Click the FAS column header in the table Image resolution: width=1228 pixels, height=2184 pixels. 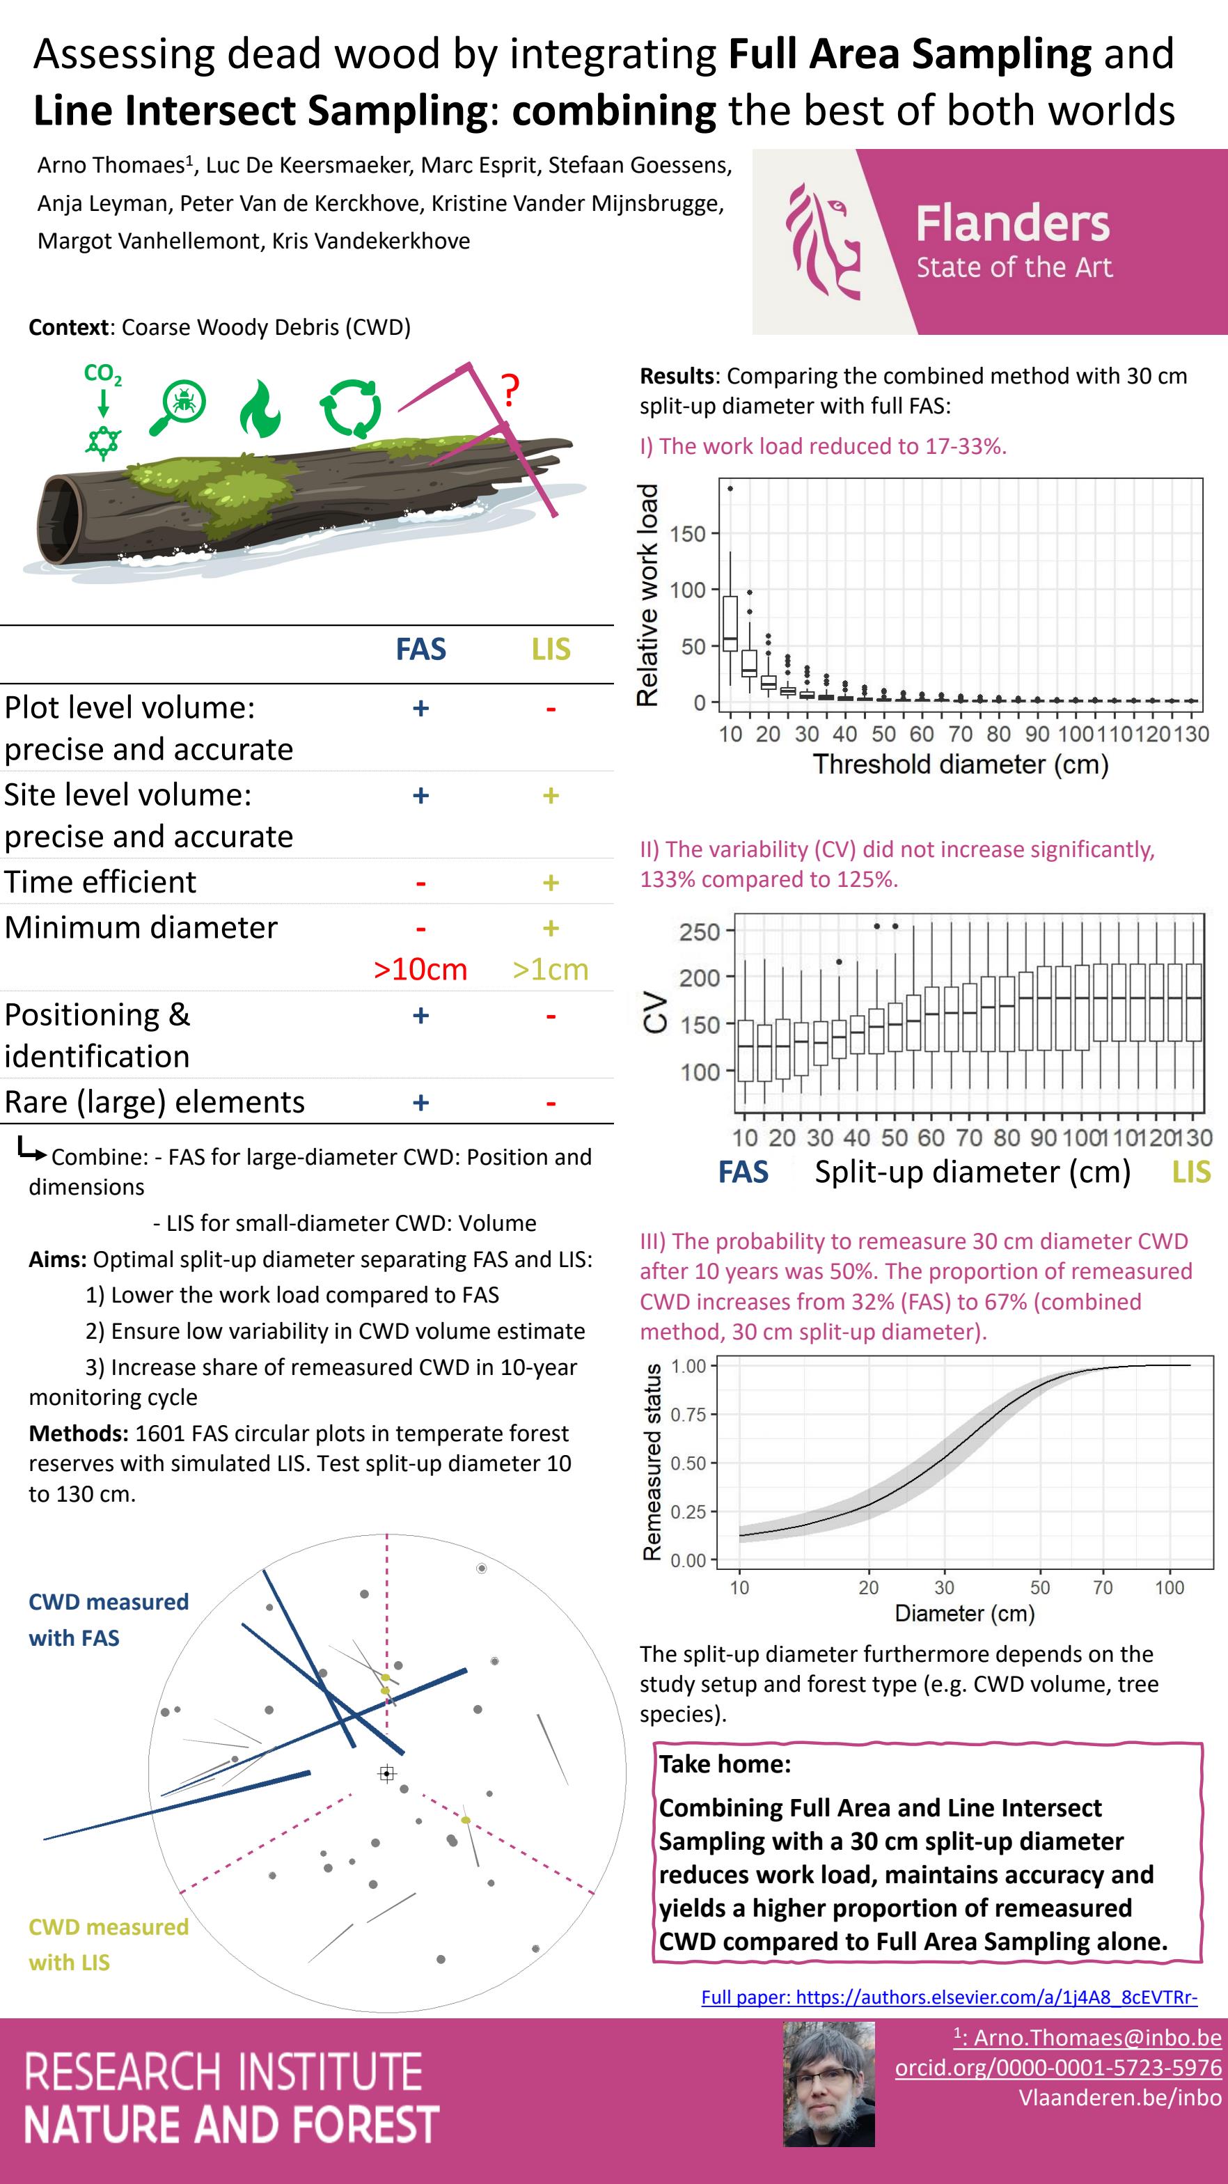coord(420,650)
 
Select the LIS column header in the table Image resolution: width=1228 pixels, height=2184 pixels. coord(551,650)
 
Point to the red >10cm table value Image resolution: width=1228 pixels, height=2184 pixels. coord(420,969)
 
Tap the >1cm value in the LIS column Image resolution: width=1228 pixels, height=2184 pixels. coord(551,969)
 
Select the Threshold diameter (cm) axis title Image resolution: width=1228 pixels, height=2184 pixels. coord(961,764)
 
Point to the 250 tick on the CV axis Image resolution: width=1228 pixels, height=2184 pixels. coord(699,932)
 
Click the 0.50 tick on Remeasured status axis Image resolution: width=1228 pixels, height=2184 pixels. coord(688,1463)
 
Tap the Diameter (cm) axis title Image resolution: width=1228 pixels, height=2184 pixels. coord(964,1613)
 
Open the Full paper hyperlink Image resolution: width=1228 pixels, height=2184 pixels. coord(949,1997)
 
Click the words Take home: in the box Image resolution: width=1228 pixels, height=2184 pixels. coord(725,1764)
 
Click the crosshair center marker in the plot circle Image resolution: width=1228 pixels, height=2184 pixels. coord(387,1774)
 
